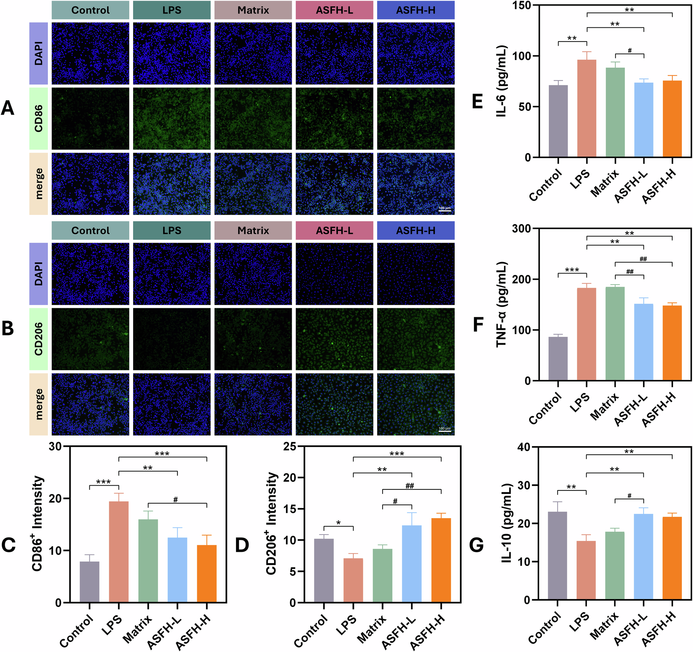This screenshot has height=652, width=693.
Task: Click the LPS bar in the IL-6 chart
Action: [587, 108]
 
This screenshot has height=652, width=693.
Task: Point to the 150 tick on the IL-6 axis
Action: [521, 6]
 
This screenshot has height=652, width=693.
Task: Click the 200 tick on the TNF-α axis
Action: [521, 279]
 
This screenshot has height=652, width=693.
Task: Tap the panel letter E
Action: [477, 102]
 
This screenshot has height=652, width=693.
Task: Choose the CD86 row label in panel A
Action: [39, 119]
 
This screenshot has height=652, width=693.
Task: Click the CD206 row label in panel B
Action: [39, 339]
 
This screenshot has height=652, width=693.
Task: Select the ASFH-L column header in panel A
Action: [334, 10]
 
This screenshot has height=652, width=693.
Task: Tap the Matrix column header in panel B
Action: [253, 231]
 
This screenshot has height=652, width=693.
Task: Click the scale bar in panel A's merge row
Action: [445, 211]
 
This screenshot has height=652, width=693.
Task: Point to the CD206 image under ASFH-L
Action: [334, 339]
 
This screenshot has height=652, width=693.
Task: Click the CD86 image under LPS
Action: [172, 119]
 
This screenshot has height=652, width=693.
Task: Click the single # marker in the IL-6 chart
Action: [630, 51]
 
